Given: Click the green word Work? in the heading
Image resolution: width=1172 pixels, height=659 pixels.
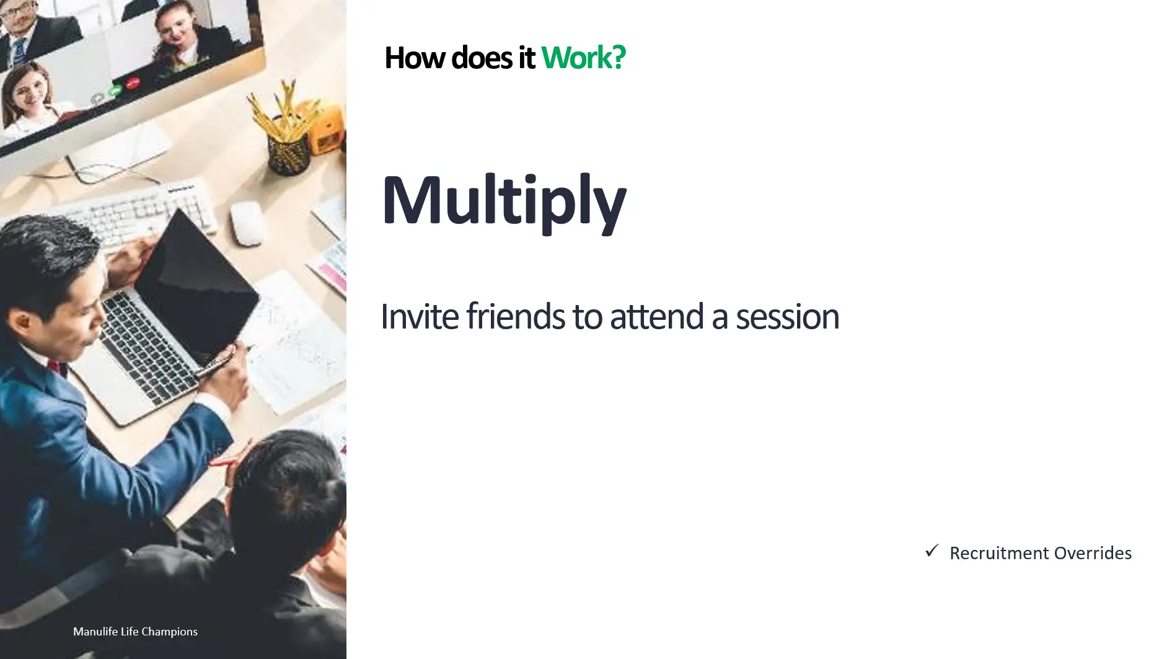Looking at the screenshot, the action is [x=583, y=58].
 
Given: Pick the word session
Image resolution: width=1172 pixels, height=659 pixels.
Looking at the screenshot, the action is [x=788, y=317].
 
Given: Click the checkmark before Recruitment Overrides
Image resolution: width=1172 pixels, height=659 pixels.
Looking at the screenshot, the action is [x=932, y=551].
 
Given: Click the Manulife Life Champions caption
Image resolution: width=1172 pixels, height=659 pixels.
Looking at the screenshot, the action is [x=135, y=632].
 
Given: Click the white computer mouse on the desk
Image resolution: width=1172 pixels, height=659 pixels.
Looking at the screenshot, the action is [x=247, y=223].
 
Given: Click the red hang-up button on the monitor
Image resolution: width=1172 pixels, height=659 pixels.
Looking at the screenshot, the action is [x=133, y=83].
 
